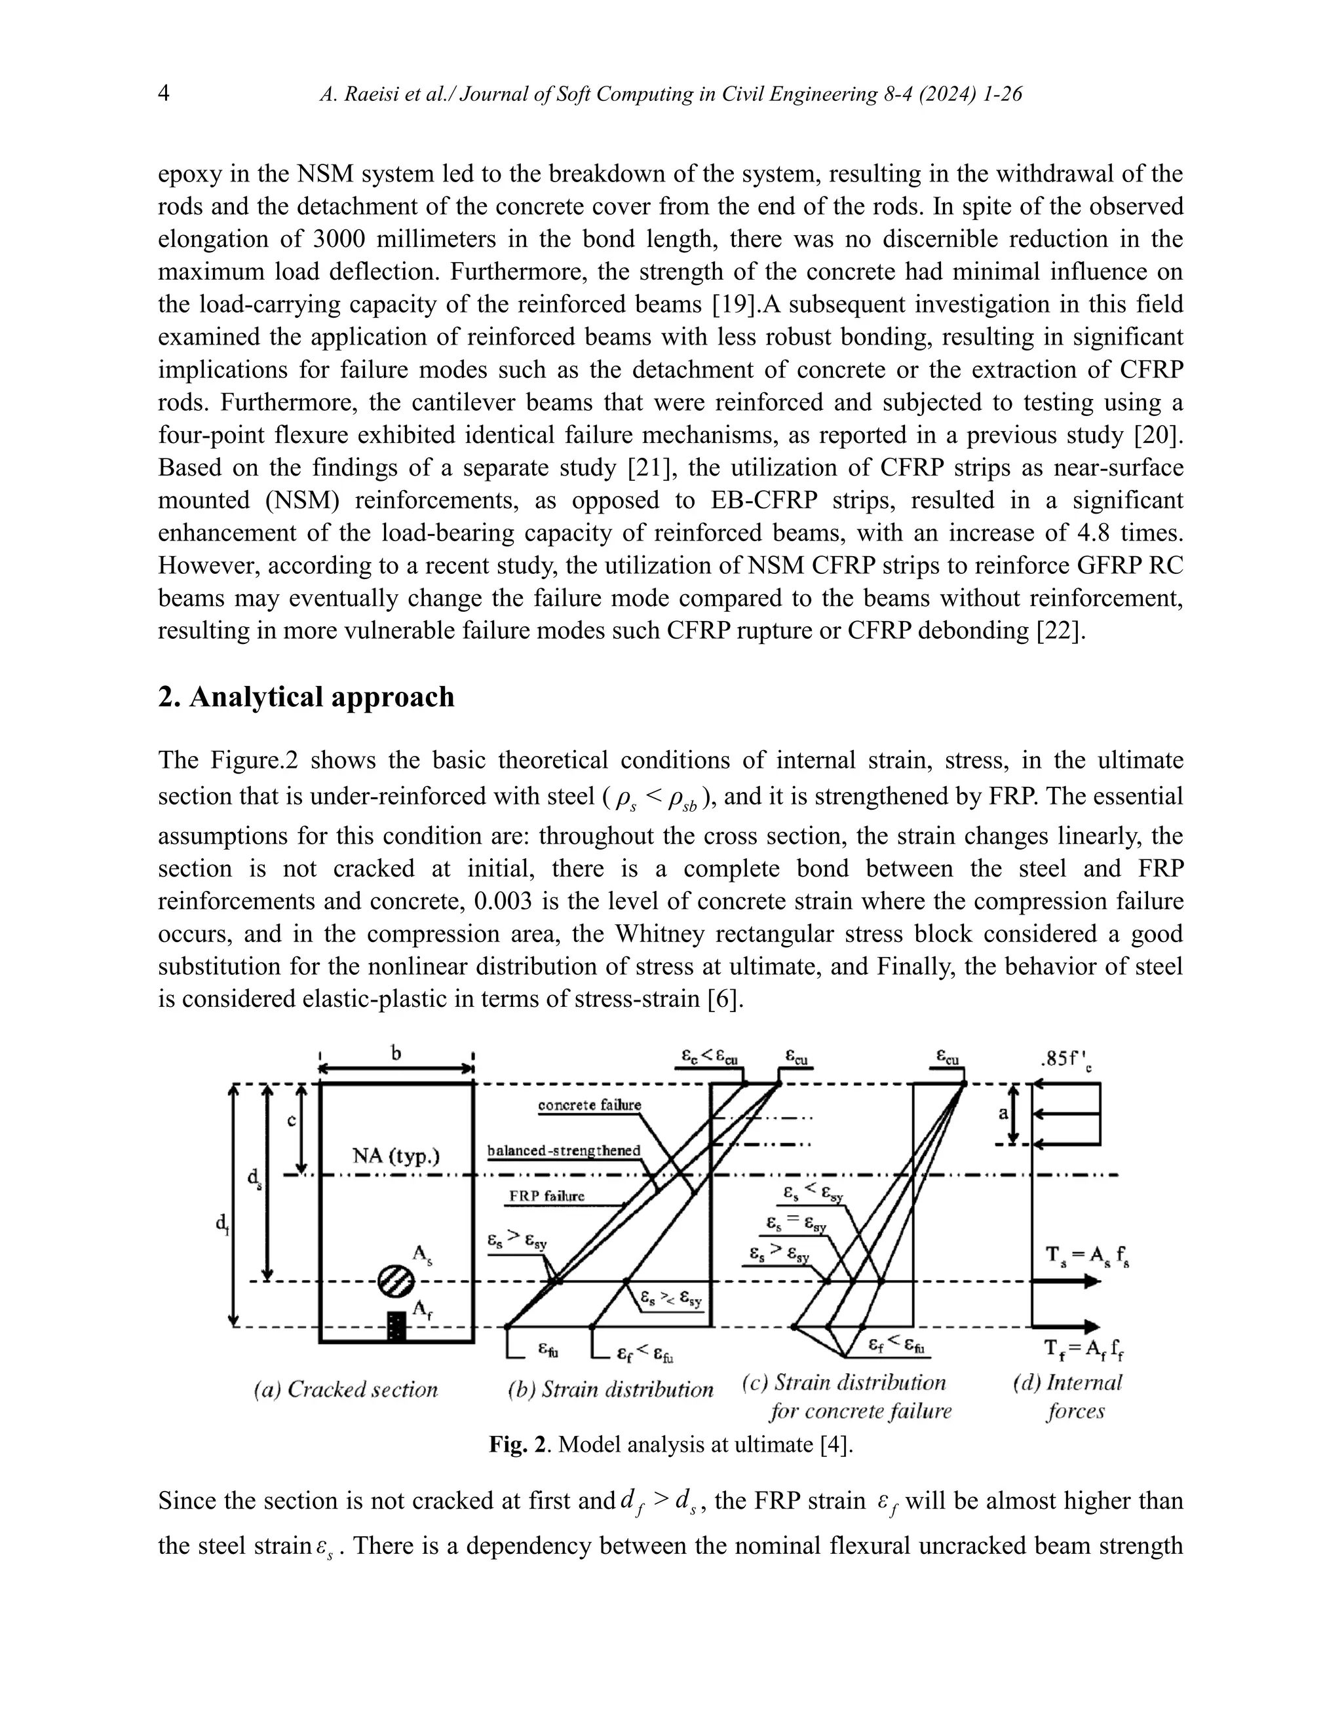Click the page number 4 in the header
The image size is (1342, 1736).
coord(164,94)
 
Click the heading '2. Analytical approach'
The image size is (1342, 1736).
coord(306,697)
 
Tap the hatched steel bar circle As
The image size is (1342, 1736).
coord(395,1281)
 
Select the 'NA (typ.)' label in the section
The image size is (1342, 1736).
coord(395,1155)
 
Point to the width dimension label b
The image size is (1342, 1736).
coord(396,1053)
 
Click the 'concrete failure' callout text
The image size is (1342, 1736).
coord(589,1105)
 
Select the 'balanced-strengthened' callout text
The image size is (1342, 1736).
coord(563,1150)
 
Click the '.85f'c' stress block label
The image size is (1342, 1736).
coord(1065,1061)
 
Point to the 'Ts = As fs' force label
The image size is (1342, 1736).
coord(1085,1256)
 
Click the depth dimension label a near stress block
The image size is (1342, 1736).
coord(1003,1114)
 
